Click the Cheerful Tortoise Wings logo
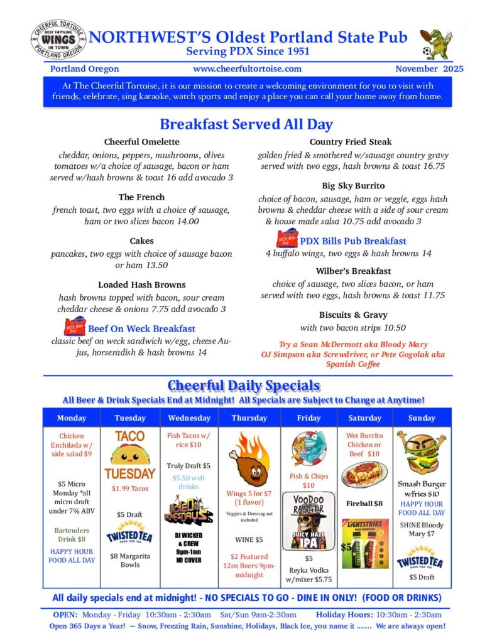[x=58, y=40]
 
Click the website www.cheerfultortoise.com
[x=248, y=69]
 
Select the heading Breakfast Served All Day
[x=246, y=124]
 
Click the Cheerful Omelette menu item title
[x=142, y=142]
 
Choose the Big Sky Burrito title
[x=352, y=186]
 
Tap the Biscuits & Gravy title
[x=352, y=315]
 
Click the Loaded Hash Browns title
[x=141, y=284]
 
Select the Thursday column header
[x=249, y=418]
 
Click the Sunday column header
[x=421, y=418]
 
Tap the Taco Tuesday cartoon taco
[x=129, y=453]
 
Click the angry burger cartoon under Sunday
[x=422, y=453]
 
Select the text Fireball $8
[x=365, y=504]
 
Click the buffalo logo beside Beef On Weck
[x=76, y=327]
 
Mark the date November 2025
[x=430, y=69]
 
